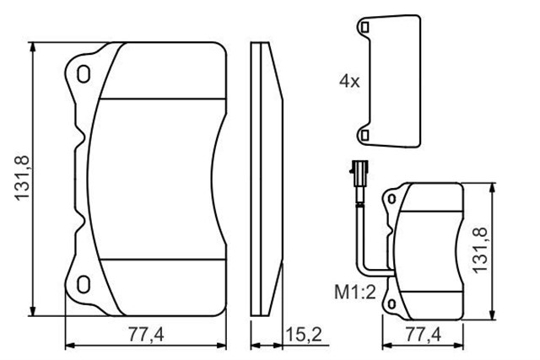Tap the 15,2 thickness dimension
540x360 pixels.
point(305,334)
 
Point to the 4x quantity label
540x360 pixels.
point(348,82)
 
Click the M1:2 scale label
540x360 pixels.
point(352,292)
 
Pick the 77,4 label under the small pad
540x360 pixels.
point(424,335)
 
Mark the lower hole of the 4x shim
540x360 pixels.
point(364,133)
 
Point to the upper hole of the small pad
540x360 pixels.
point(391,199)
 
